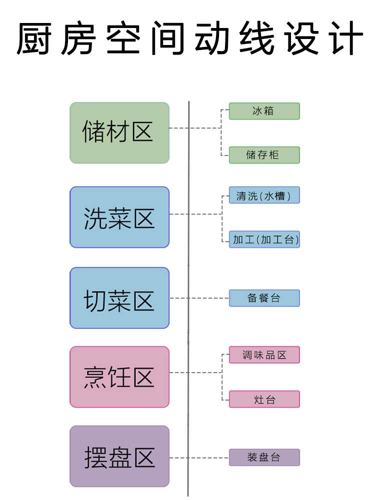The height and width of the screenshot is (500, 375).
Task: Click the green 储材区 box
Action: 119,133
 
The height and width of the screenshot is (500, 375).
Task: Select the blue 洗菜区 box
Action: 119,217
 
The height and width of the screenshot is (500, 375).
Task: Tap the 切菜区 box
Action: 119,298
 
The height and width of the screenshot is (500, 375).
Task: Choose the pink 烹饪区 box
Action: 119,377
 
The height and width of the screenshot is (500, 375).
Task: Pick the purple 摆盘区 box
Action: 119,456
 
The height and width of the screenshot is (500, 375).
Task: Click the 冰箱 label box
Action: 264,111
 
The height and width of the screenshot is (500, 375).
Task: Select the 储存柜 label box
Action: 264,155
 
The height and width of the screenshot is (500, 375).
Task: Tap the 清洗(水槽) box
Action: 264,195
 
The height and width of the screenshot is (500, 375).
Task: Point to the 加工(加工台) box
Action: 264,239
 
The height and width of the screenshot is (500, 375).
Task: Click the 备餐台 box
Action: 264,298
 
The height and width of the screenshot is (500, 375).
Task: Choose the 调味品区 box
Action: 264,355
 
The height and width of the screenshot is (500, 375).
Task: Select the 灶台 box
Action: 264,399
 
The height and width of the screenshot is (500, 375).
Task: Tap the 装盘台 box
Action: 264,457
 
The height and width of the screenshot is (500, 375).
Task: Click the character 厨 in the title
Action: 34,38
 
